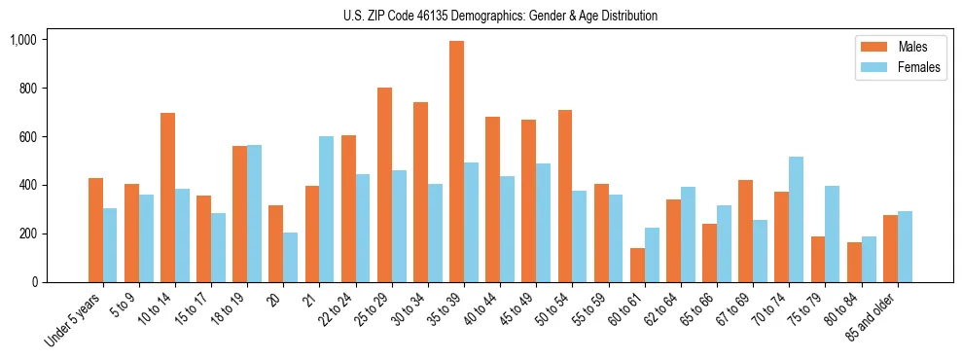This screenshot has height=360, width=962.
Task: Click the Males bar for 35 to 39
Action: click(x=456, y=162)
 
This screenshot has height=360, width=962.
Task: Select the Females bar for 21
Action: click(x=327, y=209)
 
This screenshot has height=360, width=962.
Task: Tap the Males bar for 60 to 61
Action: click(x=637, y=265)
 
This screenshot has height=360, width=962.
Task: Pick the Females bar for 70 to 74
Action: click(x=796, y=219)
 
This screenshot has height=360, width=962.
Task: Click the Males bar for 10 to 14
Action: click(x=167, y=198)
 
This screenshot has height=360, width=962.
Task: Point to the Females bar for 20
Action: click(x=291, y=257)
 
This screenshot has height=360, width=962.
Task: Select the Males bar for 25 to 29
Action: click(x=384, y=185)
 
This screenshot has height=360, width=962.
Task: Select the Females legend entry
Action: click(x=891, y=68)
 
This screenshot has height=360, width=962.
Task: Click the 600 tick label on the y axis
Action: click(x=27, y=137)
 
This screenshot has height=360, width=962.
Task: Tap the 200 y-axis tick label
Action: click(x=27, y=234)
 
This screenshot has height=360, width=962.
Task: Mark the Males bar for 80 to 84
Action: click(x=853, y=262)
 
